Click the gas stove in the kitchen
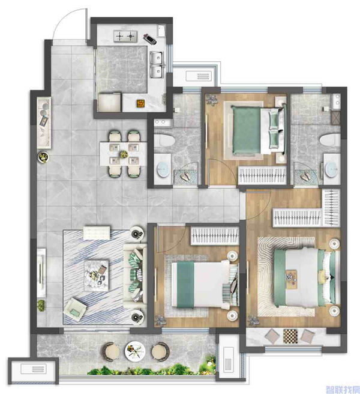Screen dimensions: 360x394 coord(125,37)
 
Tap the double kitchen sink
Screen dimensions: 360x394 coord(157,65)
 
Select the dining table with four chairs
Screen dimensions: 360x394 coord(123,154)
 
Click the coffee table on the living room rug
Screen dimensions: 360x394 coord(97,276)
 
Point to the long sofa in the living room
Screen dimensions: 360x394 coord(134,276)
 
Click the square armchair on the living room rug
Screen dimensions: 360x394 coord(75,310)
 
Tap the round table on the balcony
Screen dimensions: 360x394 coord(135,351)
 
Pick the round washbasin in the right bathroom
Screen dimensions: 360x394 coord(331,169)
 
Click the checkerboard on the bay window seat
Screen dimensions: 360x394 coord(290,336)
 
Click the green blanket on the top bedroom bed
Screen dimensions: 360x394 coord(246,130)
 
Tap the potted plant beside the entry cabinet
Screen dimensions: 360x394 coord(43,157)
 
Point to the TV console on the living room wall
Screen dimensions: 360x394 coord(41,273)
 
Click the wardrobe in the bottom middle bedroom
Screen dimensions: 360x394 coord(215,235)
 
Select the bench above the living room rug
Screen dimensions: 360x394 coord(97,232)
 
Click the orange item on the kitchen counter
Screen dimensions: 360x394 coord(141,103)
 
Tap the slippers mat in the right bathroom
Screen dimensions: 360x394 coord(306,176)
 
